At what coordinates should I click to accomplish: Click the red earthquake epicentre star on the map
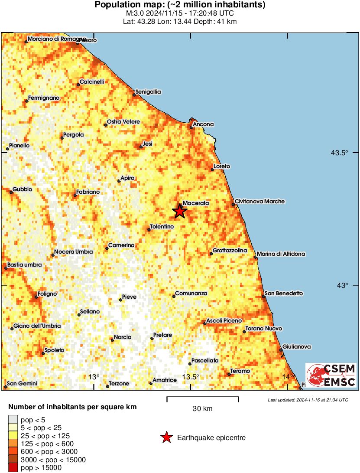pos(180,211)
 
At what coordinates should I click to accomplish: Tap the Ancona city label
pos(204,124)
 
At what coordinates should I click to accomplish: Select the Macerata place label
pos(196,203)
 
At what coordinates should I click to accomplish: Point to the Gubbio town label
pos(23,189)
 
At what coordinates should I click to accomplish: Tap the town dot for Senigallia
pos(134,95)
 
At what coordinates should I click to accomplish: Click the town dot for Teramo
pos(229,374)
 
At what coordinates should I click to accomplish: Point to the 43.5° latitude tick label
pos(340,153)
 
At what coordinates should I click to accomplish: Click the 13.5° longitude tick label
pos(190,376)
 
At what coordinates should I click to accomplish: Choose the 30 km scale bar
pos(202,397)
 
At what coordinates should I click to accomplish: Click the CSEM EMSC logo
pos(331,375)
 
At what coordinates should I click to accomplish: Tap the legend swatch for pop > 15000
pos(13,467)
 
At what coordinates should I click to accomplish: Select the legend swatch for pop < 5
pos(13,419)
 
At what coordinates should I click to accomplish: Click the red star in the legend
pos(166,438)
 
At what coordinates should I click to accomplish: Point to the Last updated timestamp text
pos(308,400)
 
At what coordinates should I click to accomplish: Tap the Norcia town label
pos(123,337)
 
